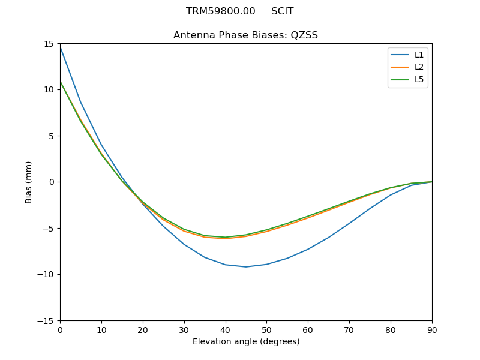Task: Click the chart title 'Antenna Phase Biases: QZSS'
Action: click(245, 35)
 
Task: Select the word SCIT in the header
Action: click(282, 11)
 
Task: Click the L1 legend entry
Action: click(419, 55)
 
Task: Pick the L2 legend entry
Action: click(419, 67)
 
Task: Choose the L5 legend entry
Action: click(419, 79)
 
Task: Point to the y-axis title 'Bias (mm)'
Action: click(29, 182)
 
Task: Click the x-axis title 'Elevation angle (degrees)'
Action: click(245, 341)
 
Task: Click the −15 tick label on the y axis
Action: click(47, 321)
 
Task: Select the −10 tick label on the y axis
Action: click(47, 275)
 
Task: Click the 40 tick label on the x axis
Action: click(225, 330)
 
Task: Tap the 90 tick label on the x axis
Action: click(431, 330)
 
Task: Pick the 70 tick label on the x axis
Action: click(349, 330)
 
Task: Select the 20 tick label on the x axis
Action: click(143, 330)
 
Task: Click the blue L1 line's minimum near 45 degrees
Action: click(246, 267)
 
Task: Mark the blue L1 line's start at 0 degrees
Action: click(61, 46)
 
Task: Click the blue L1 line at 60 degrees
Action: click(308, 249)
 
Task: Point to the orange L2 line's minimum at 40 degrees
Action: click(225, 239)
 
